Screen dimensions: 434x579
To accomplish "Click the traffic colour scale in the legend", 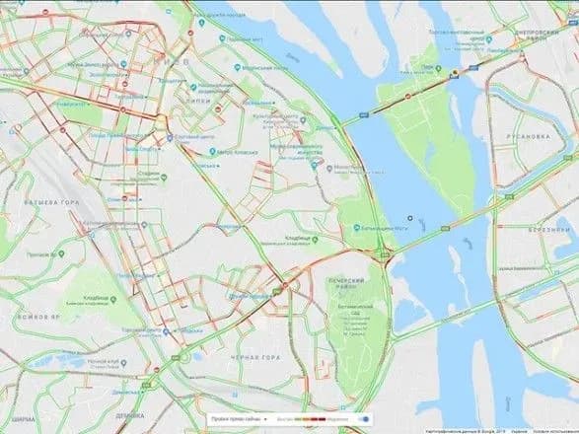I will pyautogui.click(x=311, y=420).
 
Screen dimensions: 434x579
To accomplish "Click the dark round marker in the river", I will pyautogui.click(x=409, y=218).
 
